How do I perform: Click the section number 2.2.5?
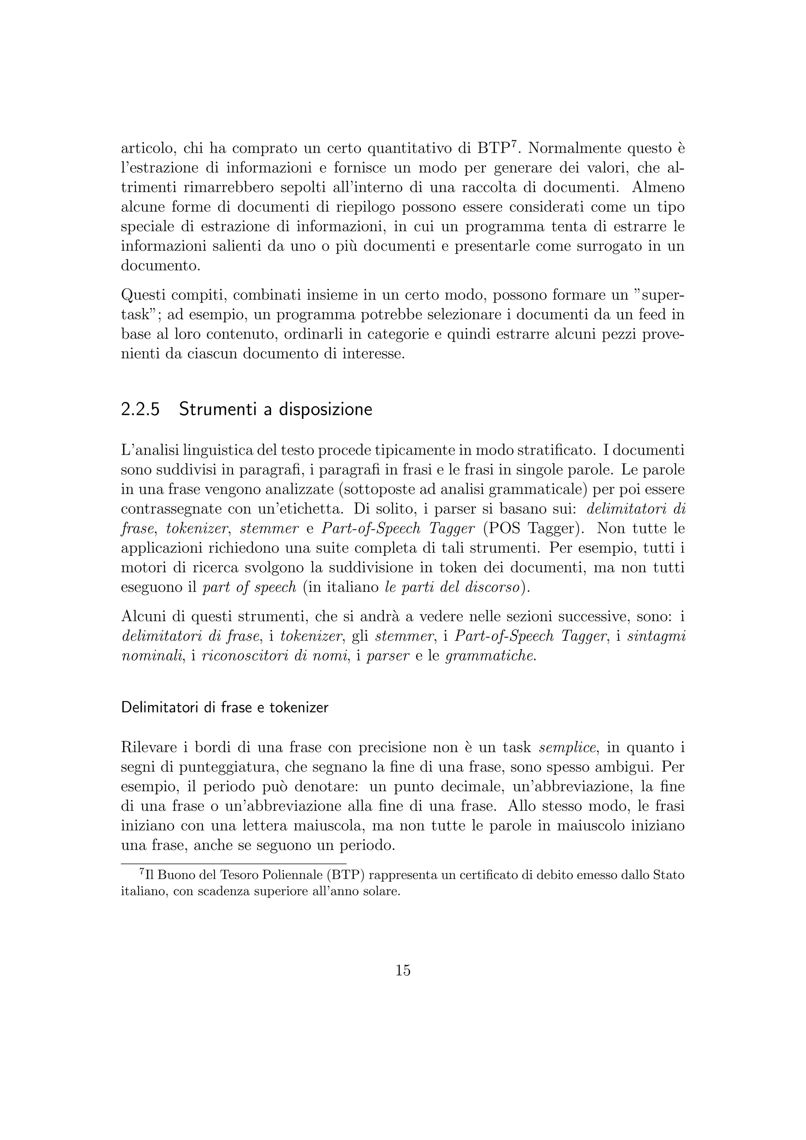tap(140, 410)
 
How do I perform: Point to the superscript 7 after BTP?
tap(515, 144)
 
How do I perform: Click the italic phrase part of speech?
tap(250, 587)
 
